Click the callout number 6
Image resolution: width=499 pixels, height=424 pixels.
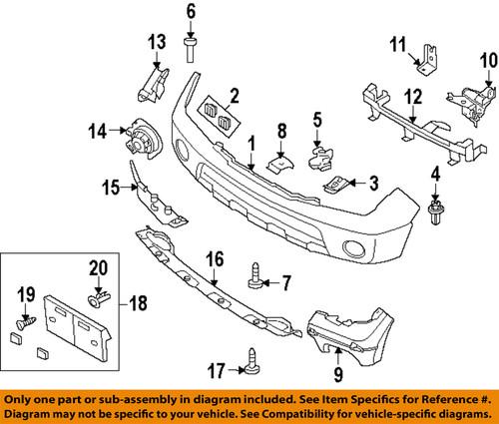pyautogui.click(x=190, y=12)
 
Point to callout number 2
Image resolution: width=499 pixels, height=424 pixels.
pyautogui.click(x=235, y=97)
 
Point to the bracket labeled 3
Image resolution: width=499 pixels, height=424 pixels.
pyautogui.click(x=338, y=183)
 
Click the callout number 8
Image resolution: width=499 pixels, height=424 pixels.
pyautogui.click(x=282, y=129)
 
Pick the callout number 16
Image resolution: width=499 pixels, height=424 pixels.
pyautogui.click(x=211, y=260)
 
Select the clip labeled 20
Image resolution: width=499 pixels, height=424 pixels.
pyautogui.click(x=97, y=297)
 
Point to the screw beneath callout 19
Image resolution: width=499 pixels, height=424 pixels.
pyautogui.click(x=27, y=322)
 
